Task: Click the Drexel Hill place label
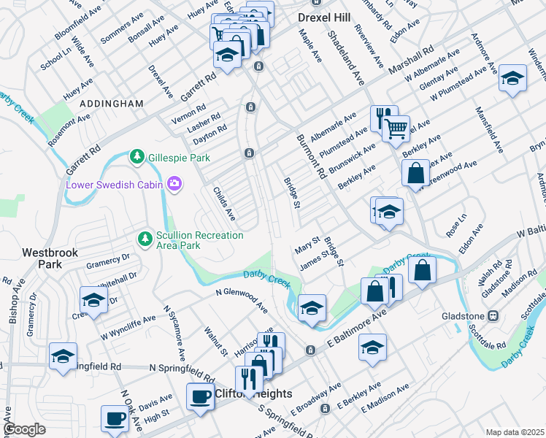click(325, 16)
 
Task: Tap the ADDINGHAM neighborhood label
click(112, 104)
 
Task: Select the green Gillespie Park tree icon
click(136, 157)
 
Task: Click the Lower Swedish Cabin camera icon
click(174, 184)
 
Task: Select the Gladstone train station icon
click(493, 316)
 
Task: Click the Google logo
click(24, 429)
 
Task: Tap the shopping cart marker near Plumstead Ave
click(396, 128)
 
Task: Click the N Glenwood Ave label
click(246, 295)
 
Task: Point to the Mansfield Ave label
click(489, 129)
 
